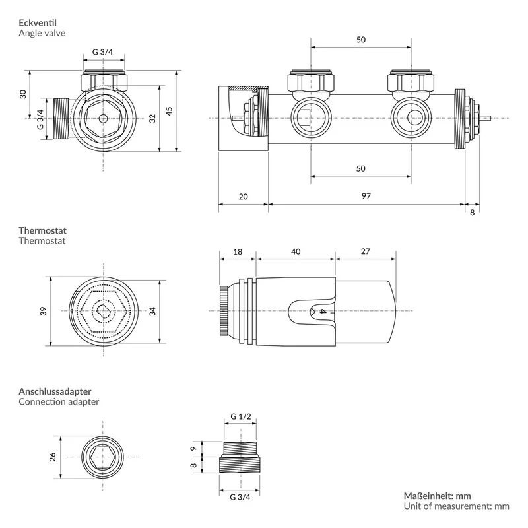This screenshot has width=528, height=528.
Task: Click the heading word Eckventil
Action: click(38, 23)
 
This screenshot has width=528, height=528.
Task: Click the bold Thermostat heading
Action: click(42, 230)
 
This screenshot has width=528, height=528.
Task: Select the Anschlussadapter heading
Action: click(55, 391)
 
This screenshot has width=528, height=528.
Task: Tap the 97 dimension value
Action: click(366, 196)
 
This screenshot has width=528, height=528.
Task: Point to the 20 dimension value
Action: click(243, 196)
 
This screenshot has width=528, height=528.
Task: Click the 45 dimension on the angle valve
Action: click(169, 111)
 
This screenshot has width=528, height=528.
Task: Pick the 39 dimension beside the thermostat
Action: click(44, 311)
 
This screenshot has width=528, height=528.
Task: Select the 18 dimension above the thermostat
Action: click(238, 252)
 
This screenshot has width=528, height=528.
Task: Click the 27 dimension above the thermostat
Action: click(366, 251)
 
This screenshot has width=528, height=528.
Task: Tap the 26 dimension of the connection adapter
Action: click(53, 457)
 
